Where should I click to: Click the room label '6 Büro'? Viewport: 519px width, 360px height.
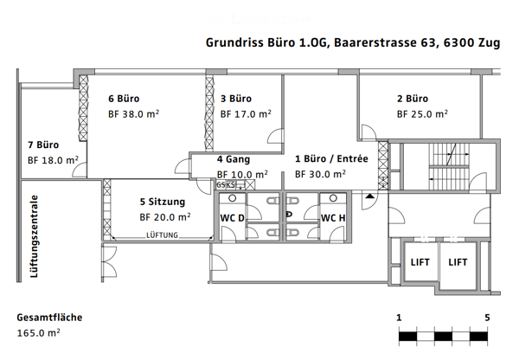pyautogui.click(x=124, y=99)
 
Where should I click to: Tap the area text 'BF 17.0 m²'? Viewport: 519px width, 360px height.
pyautogui.click(x=246, y=114)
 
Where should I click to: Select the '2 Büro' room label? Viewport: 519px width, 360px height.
pyautogui.click(x=413, y=99)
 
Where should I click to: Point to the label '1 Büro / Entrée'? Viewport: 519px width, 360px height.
pyautogui.click(x=331, y=159)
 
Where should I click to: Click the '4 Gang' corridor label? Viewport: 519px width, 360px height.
pyautogui.click(x=234, y=159)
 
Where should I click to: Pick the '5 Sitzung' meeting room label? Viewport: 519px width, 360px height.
pyautogui.click(x=163, y=202)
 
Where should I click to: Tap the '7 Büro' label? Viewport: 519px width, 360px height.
pyautogui.click(x=43, y=145)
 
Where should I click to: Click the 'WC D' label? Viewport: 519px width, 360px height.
pyautogui.click(x=233, y=218)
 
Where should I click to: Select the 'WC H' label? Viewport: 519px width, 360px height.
pyautogui.click(x=333, y=218)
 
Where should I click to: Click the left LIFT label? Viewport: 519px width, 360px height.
pyautogui.click(x=420, y=262)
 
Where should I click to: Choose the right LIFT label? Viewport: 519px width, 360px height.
pyautogui.click(x=458, y=262)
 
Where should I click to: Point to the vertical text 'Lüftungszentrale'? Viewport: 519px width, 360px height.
pyautogui.click(x=34, y=236)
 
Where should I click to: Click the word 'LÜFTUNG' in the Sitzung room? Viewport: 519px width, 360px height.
pyautogui.click(x=163, y=235)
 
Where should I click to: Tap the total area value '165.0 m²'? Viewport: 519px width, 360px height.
pyautogui.click(x=38, y=333)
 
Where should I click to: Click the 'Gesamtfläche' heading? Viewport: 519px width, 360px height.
pyautogui.click(x=49, y=318)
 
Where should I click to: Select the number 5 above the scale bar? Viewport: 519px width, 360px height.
pyautogui.click(x=487, y=318)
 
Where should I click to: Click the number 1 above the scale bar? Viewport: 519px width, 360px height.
pyautogui.click(x=399, y=318)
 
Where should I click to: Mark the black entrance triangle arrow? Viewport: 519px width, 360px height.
pyautogui.click(x=370, y=196)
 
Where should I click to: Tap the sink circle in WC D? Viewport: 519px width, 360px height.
pyautogui.click(x=233, y=198)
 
